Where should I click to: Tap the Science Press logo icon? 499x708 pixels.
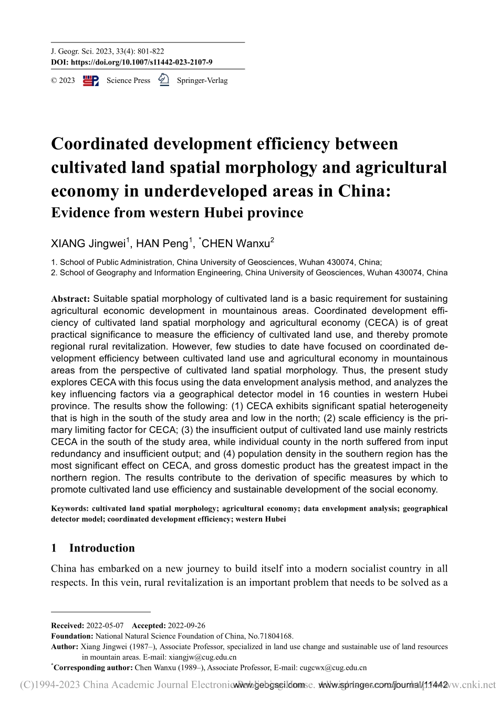(x=91, y=80)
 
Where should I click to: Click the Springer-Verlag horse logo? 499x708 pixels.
(x=163, y=80)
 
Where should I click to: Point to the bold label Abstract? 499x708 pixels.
(x=70, y=299)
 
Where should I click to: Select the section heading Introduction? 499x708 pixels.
(x=102, y=548)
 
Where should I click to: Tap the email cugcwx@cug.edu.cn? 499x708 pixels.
(x=332, y=668)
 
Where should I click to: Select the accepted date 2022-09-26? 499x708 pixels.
(x=186, y=626)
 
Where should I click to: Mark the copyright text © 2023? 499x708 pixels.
(x=63, y=81)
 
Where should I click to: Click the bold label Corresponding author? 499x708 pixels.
(x=93, y=668)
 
